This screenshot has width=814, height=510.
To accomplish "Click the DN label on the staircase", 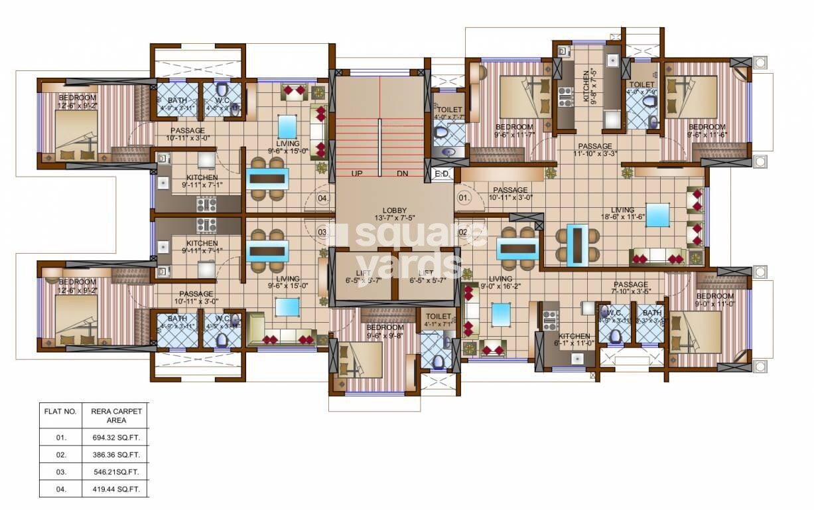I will coord(402,174).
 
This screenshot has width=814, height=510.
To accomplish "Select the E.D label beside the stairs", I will coord(442,174).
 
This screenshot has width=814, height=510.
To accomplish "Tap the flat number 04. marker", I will coord(322,198).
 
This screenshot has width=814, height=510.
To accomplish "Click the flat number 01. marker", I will coord(464,198).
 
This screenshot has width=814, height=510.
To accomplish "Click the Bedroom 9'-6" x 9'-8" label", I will coord(385,331).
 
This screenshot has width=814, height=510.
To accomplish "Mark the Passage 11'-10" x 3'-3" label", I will coord(594,149).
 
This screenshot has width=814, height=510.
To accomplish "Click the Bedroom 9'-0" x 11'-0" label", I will coord(714,299).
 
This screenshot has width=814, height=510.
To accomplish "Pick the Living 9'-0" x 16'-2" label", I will coord(500,283).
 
